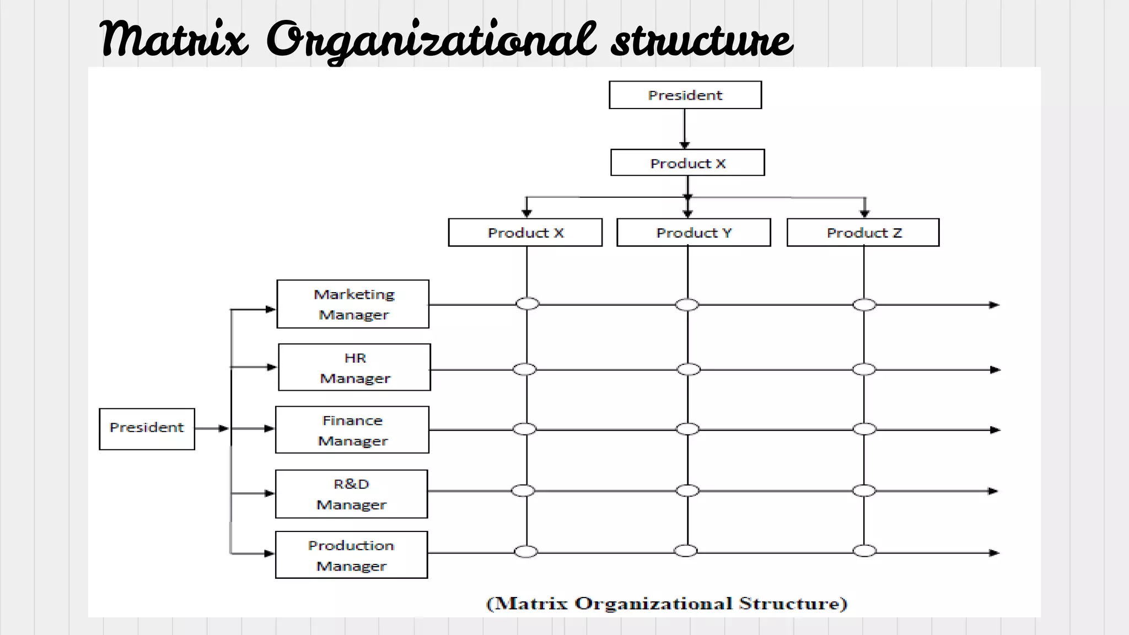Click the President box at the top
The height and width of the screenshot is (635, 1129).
[685, 95]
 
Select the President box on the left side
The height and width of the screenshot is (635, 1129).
[147, 428]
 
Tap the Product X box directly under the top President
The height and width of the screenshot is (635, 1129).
[687, 163]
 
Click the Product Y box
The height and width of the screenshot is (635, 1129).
[693, 233]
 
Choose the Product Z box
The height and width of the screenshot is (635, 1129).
[863, 233]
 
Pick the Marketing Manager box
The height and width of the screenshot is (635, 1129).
[353, 304]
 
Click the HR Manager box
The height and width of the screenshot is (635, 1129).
[354, 368]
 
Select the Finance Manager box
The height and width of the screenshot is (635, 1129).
[352, 430]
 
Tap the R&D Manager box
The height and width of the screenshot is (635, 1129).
[351, 494]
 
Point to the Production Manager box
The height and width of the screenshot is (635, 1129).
[351, 555]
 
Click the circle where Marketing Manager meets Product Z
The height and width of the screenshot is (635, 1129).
[864, 305]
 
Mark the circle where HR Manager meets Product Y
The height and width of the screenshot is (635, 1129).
[689, 369]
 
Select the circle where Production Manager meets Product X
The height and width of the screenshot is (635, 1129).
[526, 551]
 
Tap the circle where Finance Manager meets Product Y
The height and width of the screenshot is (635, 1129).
[687, 429]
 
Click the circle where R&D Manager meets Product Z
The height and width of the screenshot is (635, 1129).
[864, 491]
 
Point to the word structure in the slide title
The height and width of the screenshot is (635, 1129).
[702, 40]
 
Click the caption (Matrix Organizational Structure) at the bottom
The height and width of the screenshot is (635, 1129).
[666, 604]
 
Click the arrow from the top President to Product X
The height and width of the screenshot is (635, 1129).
[685, 130]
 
